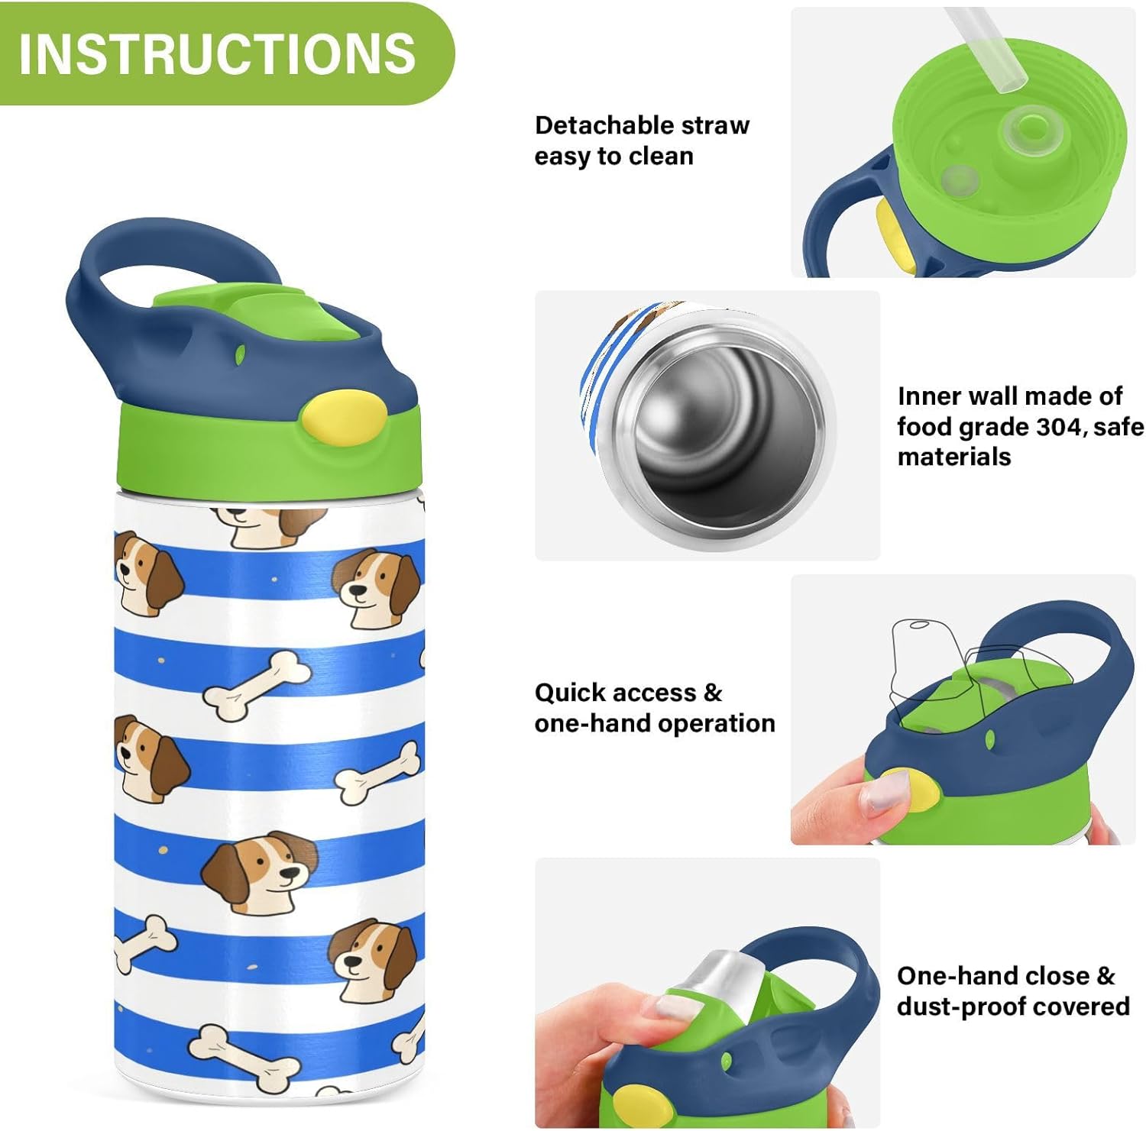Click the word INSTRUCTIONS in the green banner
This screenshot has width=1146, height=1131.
click(217, 53)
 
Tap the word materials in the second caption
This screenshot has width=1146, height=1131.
click(953, 457)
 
